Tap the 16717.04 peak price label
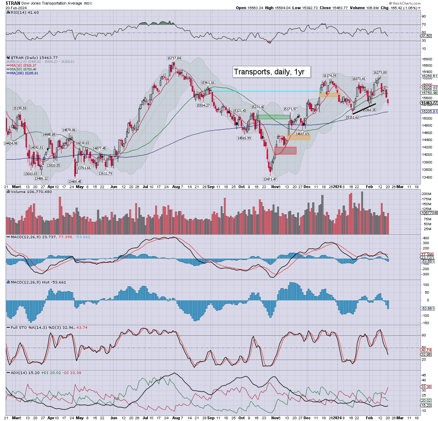[x=174, y=58]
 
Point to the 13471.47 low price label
[x=271, y=179]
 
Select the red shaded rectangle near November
[x=286, y=151]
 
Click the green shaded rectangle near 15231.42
[x=273, y=117]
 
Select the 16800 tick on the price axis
[x=427, y=59]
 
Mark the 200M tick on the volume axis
[x=426, y=194]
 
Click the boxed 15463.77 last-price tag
[x=429, y=103]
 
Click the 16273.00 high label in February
[x=380, y=73]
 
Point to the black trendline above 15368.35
[x=364, y=108]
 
